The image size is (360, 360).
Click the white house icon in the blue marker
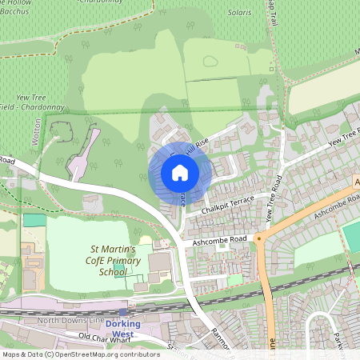[179, 172]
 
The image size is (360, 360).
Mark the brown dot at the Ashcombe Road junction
[259, 238]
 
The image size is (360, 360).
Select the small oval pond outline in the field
[210, 61]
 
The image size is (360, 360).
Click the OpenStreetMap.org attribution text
[112, 354]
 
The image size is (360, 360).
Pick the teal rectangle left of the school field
[34, 220]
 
